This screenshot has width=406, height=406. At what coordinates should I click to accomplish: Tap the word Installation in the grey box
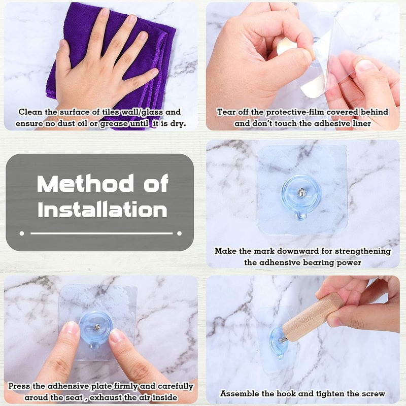click(103, 210)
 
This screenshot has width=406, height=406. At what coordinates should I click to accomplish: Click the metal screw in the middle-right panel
click(301, 192)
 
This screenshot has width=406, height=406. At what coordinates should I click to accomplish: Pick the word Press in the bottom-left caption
click(19, 386)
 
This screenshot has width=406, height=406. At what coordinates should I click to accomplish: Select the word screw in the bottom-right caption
click(374, 394)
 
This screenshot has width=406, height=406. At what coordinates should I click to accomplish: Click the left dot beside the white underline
click(22, 233)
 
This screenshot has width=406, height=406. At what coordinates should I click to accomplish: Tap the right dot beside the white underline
click(179, 233)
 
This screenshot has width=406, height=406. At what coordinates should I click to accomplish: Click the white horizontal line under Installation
click(101, 233)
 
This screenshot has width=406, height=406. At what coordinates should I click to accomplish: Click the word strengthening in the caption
click(363, 251)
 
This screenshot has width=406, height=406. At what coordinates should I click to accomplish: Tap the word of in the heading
click(156, 183)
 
